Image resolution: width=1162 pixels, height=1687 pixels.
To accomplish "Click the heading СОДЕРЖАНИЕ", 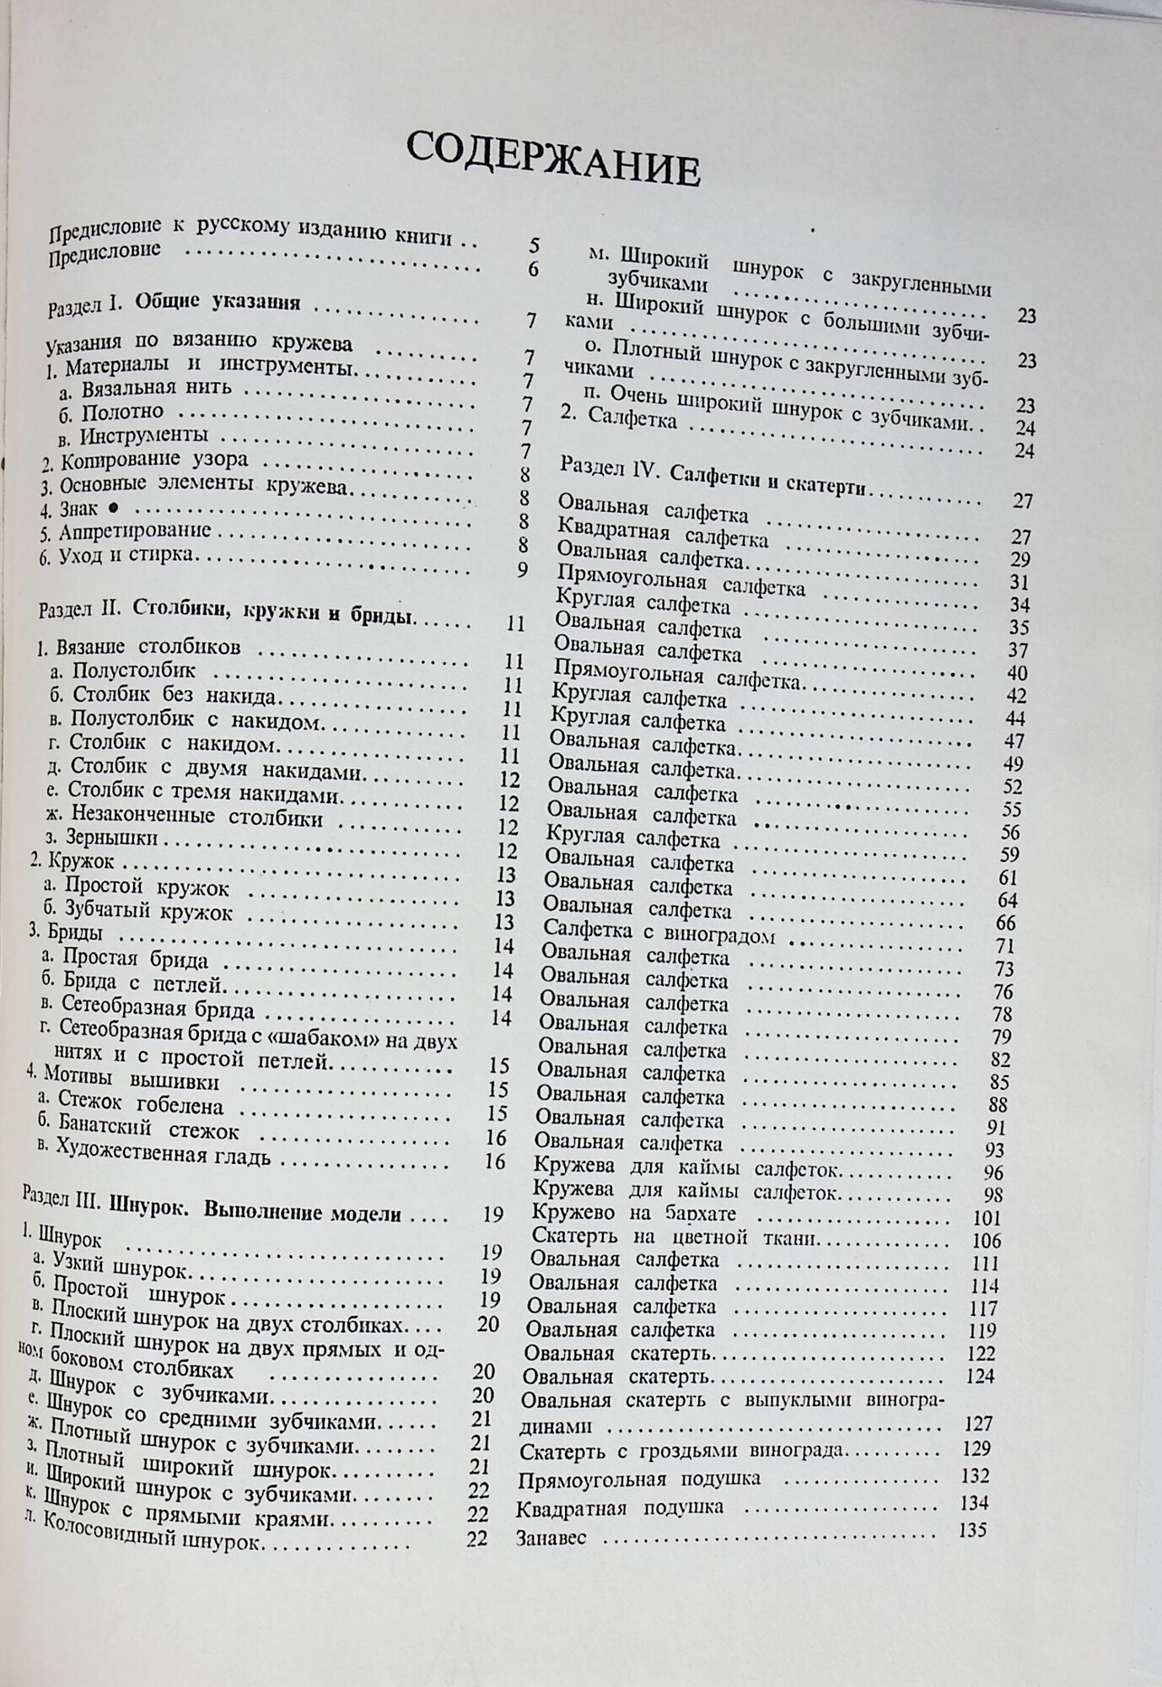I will [x=553, y=159].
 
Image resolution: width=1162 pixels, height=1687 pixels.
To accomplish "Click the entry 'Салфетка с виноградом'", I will [x=659, y=934].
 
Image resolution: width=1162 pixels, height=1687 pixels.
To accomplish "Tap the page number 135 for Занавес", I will [x=972, y=1528].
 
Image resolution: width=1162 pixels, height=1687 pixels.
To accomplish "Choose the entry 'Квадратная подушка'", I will [x=621, y=1507].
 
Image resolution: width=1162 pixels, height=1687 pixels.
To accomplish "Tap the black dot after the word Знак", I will [x=114, y=506].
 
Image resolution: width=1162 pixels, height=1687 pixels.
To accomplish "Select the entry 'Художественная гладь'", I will [x=162, y=1155].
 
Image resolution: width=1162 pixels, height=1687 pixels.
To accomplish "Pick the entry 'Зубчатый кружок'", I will [x=148, y=910].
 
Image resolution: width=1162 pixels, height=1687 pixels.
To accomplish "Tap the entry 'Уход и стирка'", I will [x=126, y=555].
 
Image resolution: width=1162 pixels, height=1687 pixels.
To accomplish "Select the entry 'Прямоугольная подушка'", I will [x=639, y=1479].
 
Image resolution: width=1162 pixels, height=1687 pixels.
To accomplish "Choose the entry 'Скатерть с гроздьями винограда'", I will [x=682, y=1451].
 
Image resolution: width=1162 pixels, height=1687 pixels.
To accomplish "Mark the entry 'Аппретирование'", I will [x=135, y=531].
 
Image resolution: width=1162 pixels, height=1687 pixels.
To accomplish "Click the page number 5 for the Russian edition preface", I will [x=534, y=246].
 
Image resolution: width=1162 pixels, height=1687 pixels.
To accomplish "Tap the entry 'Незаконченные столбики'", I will [x=186, y=817].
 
